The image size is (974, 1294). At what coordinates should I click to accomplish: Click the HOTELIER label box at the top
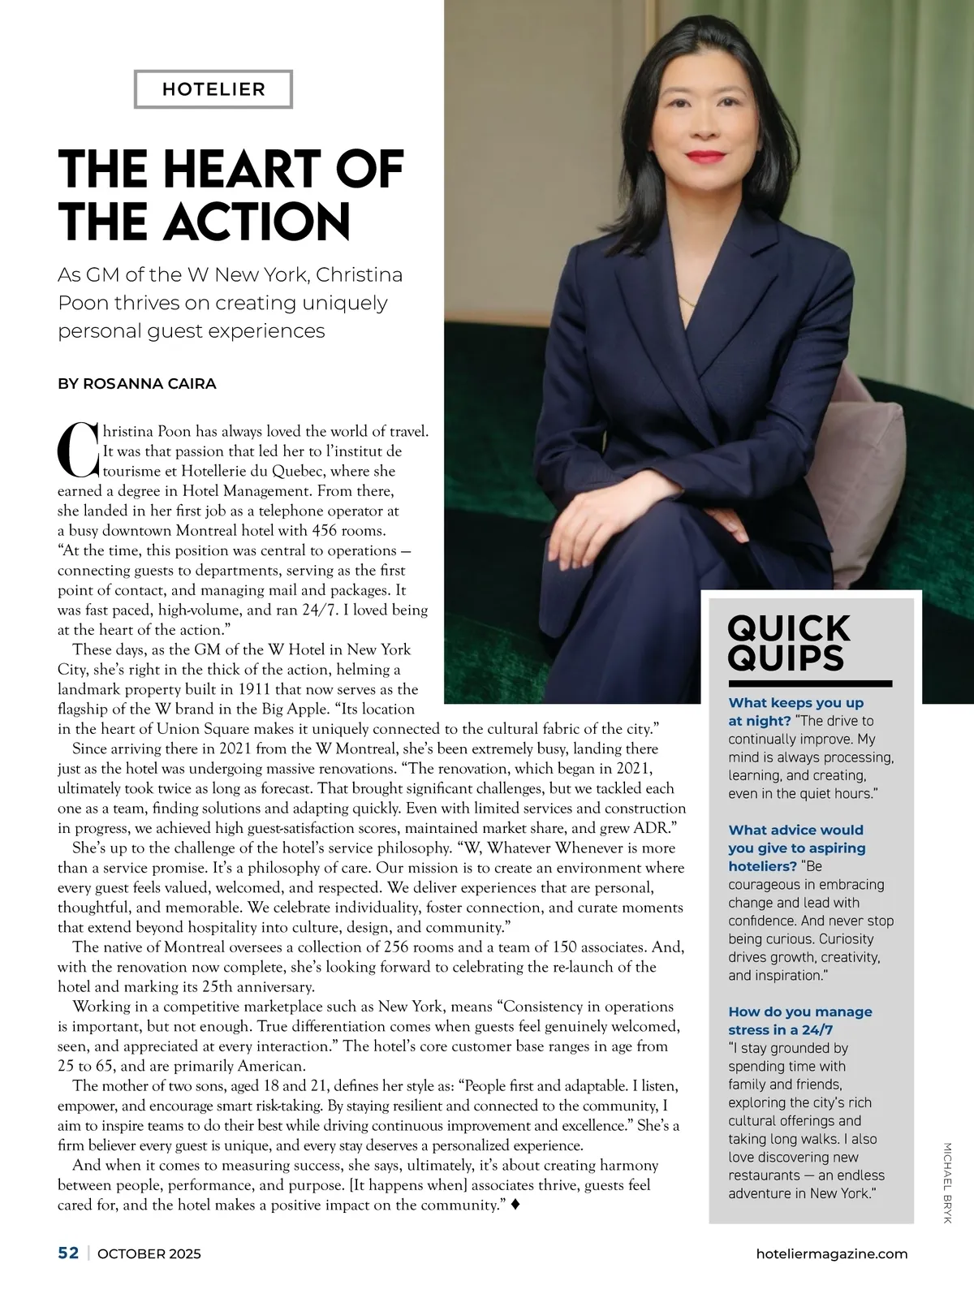point(213,89)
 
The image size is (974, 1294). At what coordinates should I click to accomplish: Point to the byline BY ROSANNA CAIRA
point(137,384)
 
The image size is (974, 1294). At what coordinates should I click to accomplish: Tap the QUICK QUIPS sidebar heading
point(788,643)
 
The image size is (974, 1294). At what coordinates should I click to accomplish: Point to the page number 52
point(68,1253)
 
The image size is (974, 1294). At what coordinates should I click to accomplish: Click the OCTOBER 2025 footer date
point(149,1253)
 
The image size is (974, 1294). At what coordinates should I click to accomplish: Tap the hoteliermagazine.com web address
point(831,1253)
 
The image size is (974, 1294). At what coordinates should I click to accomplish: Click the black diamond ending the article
point(515,1205)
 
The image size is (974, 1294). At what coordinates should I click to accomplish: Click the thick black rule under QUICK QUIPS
point(809,684)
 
